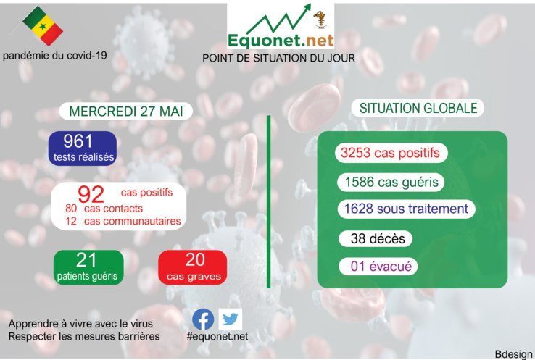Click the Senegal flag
coord(42,26)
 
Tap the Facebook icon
coord(203,319)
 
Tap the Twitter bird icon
coord(231,319)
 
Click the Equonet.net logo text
coord(280,41)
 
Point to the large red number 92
coord(91,193)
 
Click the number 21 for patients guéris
coord(86,261)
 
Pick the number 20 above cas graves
coord(194,260)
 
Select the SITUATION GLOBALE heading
coord(418,108)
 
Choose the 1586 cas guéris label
coord(390,182)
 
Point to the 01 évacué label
coord(381,267)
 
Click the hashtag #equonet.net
coord(217,337)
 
